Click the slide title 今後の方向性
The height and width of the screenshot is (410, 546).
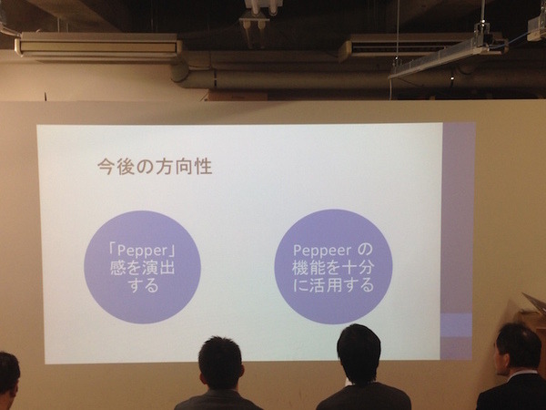(x=155, y=168)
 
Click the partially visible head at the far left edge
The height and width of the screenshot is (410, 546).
(x=7, y=374)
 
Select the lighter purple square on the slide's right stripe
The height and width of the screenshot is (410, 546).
(x=456, y=325)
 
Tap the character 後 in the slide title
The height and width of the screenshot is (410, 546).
(x=128, y=168)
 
